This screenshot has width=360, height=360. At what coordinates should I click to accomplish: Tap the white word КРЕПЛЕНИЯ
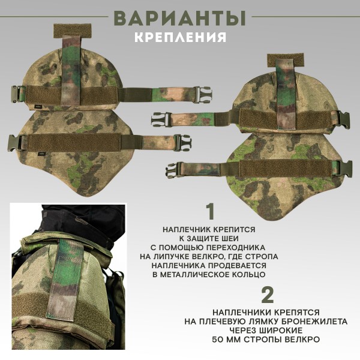(x=180, y=37)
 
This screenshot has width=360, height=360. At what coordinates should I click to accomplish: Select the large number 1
(x=209, y=212)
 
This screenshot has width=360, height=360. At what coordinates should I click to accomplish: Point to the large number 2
(x=268, y=295)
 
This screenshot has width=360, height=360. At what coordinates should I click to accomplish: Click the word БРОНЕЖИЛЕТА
(x=307, y=322)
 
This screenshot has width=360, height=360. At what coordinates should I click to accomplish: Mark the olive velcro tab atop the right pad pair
(x=287, y=59)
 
